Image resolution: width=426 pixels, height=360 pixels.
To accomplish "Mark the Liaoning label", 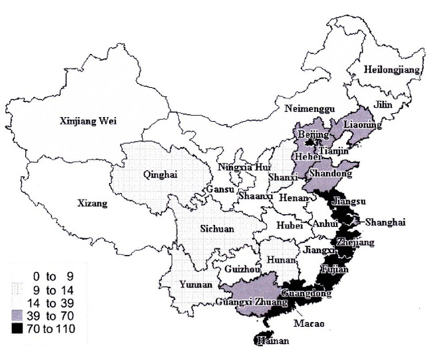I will (x=362, y=124).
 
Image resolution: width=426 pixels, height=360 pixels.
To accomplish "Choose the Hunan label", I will (x=279, y=259).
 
